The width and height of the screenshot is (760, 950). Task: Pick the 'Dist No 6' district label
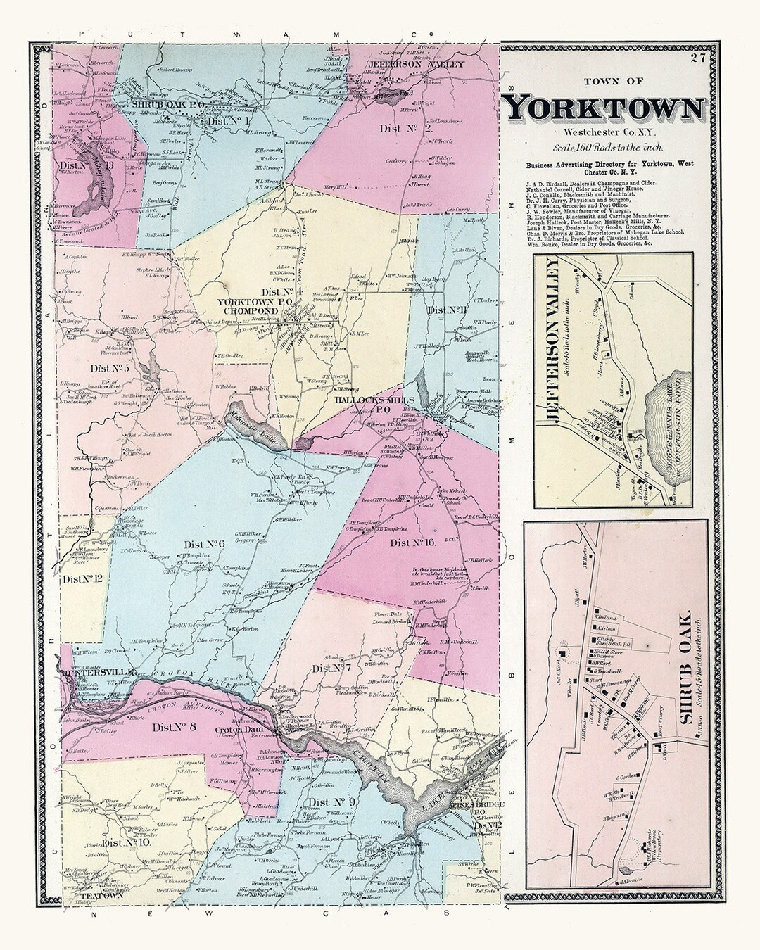pyautogui.click(x=204, y=543)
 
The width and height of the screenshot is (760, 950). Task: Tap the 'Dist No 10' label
pyautogui.click(x=125, y=843)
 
